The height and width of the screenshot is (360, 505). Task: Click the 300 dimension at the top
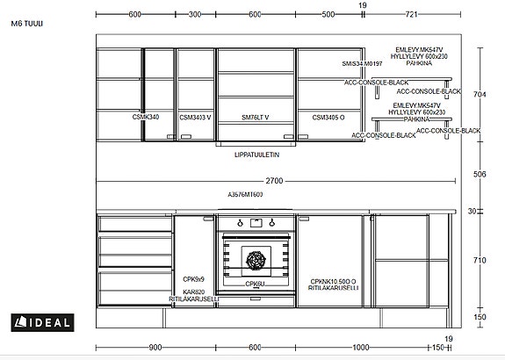pyautogui.click(x=195, y=15)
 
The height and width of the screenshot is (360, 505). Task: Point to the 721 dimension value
pyautogui.click(x=411, y=15)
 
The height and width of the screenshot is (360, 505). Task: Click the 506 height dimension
pyautogui.click(x=479, y=174)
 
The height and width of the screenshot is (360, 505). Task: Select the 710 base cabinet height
pyautogui.click(x=479, y=261)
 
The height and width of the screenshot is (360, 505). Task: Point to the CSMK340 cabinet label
pyautogui.click(x=146, y=116)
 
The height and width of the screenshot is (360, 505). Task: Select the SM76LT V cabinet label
pyautogui.click(x=255, y=116)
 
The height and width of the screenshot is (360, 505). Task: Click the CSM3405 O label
pyautogui.click(x=328, y=116)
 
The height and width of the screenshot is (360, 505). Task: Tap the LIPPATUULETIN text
pyautogui.click(x=256, y=154)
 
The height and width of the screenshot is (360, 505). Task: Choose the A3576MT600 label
pyautogui.click(x=245, y=194)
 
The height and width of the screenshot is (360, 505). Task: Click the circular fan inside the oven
pyautogui.click(x=256, y=260)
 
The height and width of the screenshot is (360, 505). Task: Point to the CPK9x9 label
pyautogui.click(x=193, y=277)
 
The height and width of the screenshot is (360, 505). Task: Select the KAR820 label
pyautogui.click(x=193, y=292)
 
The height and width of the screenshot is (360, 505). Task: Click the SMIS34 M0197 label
pyautogui.click(x=363, y=64)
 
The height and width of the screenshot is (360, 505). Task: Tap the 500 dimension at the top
pyautogui.click(x=328, y=15)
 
